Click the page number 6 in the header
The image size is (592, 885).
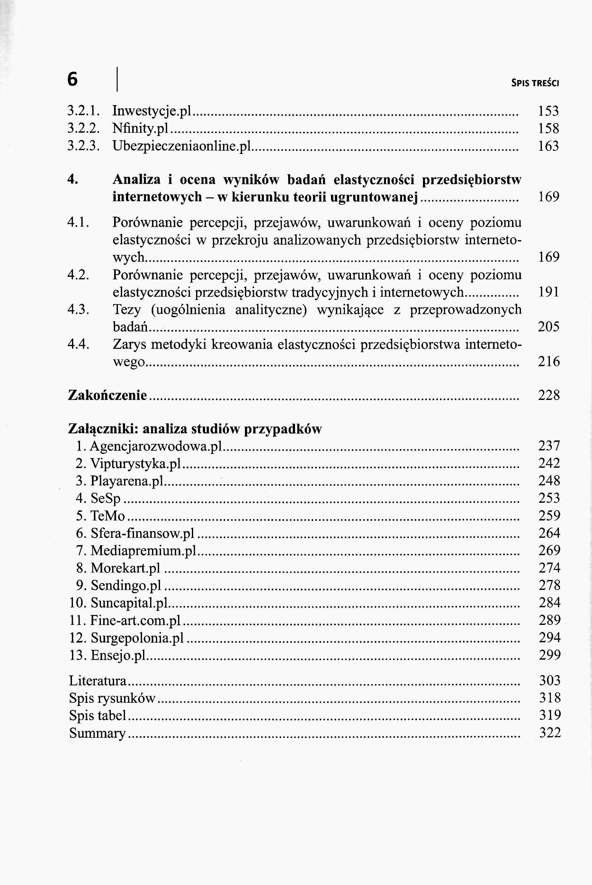pos(73,79)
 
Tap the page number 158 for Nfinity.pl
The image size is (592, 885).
pos(548,129)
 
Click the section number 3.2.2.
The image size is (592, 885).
pos(84,129)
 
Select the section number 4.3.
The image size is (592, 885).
pos(78,310)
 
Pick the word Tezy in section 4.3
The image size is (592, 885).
pos(127,310)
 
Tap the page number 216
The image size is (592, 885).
pos(549,362)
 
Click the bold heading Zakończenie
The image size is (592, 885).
pos(108,395)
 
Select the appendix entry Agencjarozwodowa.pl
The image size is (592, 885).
pos(155,446)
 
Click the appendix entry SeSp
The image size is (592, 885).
pos(105,498)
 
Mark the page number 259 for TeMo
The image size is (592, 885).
pos(549,516)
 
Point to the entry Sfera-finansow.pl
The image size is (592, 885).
pos(142,533)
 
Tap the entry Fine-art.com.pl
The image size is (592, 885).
pos(136,620)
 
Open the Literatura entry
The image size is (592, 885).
pos(98,681)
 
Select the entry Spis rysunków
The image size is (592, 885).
pos(112,698)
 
